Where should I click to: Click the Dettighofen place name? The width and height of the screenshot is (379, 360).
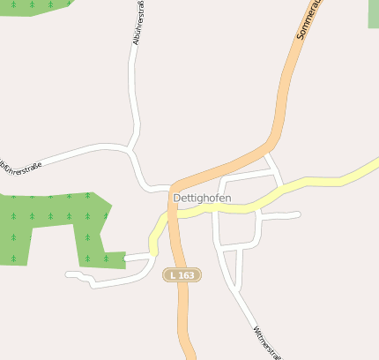[203, 199]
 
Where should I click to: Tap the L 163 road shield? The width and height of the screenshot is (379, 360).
[182, 275]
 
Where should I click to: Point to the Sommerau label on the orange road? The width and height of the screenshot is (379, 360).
[310, 19]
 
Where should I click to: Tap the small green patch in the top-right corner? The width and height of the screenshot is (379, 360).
[373, 12]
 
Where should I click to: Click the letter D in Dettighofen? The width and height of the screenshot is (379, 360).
[178, 199]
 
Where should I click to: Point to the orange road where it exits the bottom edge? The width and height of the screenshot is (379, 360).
[190, 356]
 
